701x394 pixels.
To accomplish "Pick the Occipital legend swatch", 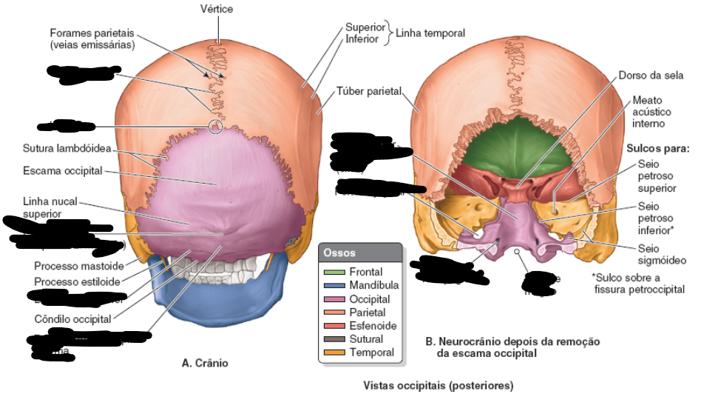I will pyautogui.click(x=333, y=299).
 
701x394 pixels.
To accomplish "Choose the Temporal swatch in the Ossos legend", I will pyautogui.click(x=333, y=353).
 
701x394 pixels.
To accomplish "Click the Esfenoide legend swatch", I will pyautogui.click(x=333, y=326).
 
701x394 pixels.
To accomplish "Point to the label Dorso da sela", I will pyautogui.click(x=651, y=76).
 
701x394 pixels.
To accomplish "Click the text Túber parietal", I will pyautogui.click(x=368, y=91).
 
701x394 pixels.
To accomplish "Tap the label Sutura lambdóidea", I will pyautogui.click(x=67, y=149).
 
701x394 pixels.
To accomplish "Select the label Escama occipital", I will pyautogui.click(x=62, y=170).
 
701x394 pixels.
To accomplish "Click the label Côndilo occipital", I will pyautogui.click(x=72, y=319).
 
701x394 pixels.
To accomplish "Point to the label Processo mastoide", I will pyautogui.click(x=77, y=265).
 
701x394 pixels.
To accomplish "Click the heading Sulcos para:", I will pyautogui.click(x=657, y=148).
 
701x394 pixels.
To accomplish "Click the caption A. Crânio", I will pyautogui.click(x=205, y=363).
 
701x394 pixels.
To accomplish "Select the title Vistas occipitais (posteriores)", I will pyautogui.click(x=438, y=385).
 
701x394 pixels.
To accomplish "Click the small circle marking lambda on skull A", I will pyautogui.click(x=215, y=127).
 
